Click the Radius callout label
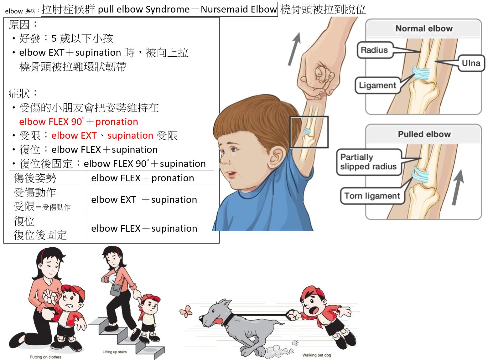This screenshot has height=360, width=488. [374, 50]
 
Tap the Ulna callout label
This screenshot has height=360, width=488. [471, 63]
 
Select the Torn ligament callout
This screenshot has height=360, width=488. [372, 196]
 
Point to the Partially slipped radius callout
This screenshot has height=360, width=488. [369, 162]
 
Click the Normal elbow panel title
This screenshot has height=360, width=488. [424, 28]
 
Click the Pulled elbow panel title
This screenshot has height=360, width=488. [424, 134]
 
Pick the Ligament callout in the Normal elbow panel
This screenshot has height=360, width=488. [377, 85]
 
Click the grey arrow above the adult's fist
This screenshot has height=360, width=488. [295, 49]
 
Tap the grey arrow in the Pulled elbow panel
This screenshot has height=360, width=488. [458, 188]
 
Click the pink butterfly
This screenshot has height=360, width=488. [186, 311]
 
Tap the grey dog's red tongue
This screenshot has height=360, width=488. [217, 321]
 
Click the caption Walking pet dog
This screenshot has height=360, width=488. [316, 355]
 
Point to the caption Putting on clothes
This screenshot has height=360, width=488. [45, 357]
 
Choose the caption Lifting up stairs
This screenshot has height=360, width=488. [115, 352]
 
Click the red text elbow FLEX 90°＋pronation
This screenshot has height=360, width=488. [79, 121]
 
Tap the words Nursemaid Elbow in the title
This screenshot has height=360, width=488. [239, 9]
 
